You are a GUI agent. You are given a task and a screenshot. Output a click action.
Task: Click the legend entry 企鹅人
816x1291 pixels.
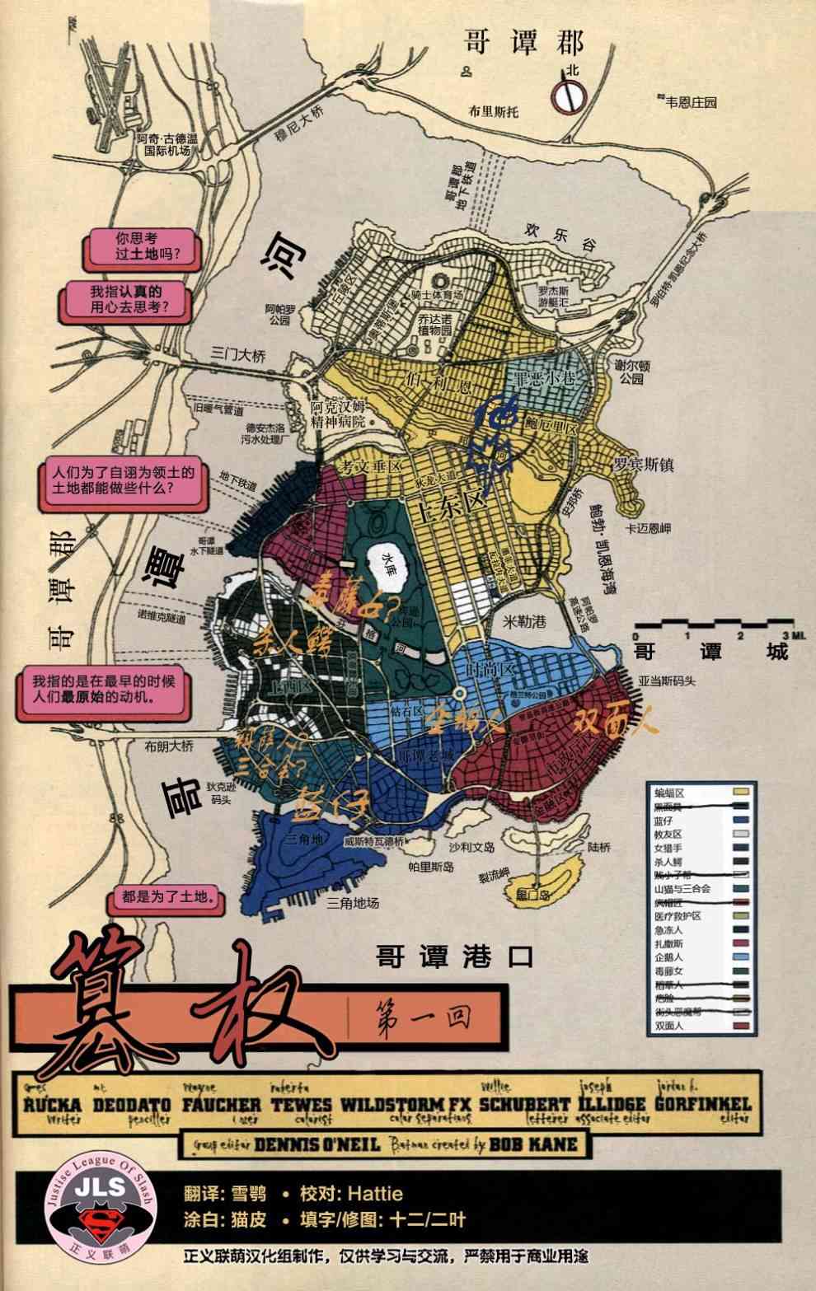[668, 957]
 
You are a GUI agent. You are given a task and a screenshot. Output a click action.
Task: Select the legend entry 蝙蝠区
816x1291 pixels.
[669, 793]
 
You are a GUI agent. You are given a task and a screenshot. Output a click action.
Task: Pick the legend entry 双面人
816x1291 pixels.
[668, 1026]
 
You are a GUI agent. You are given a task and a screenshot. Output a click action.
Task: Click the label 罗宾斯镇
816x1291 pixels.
[643, 465]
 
